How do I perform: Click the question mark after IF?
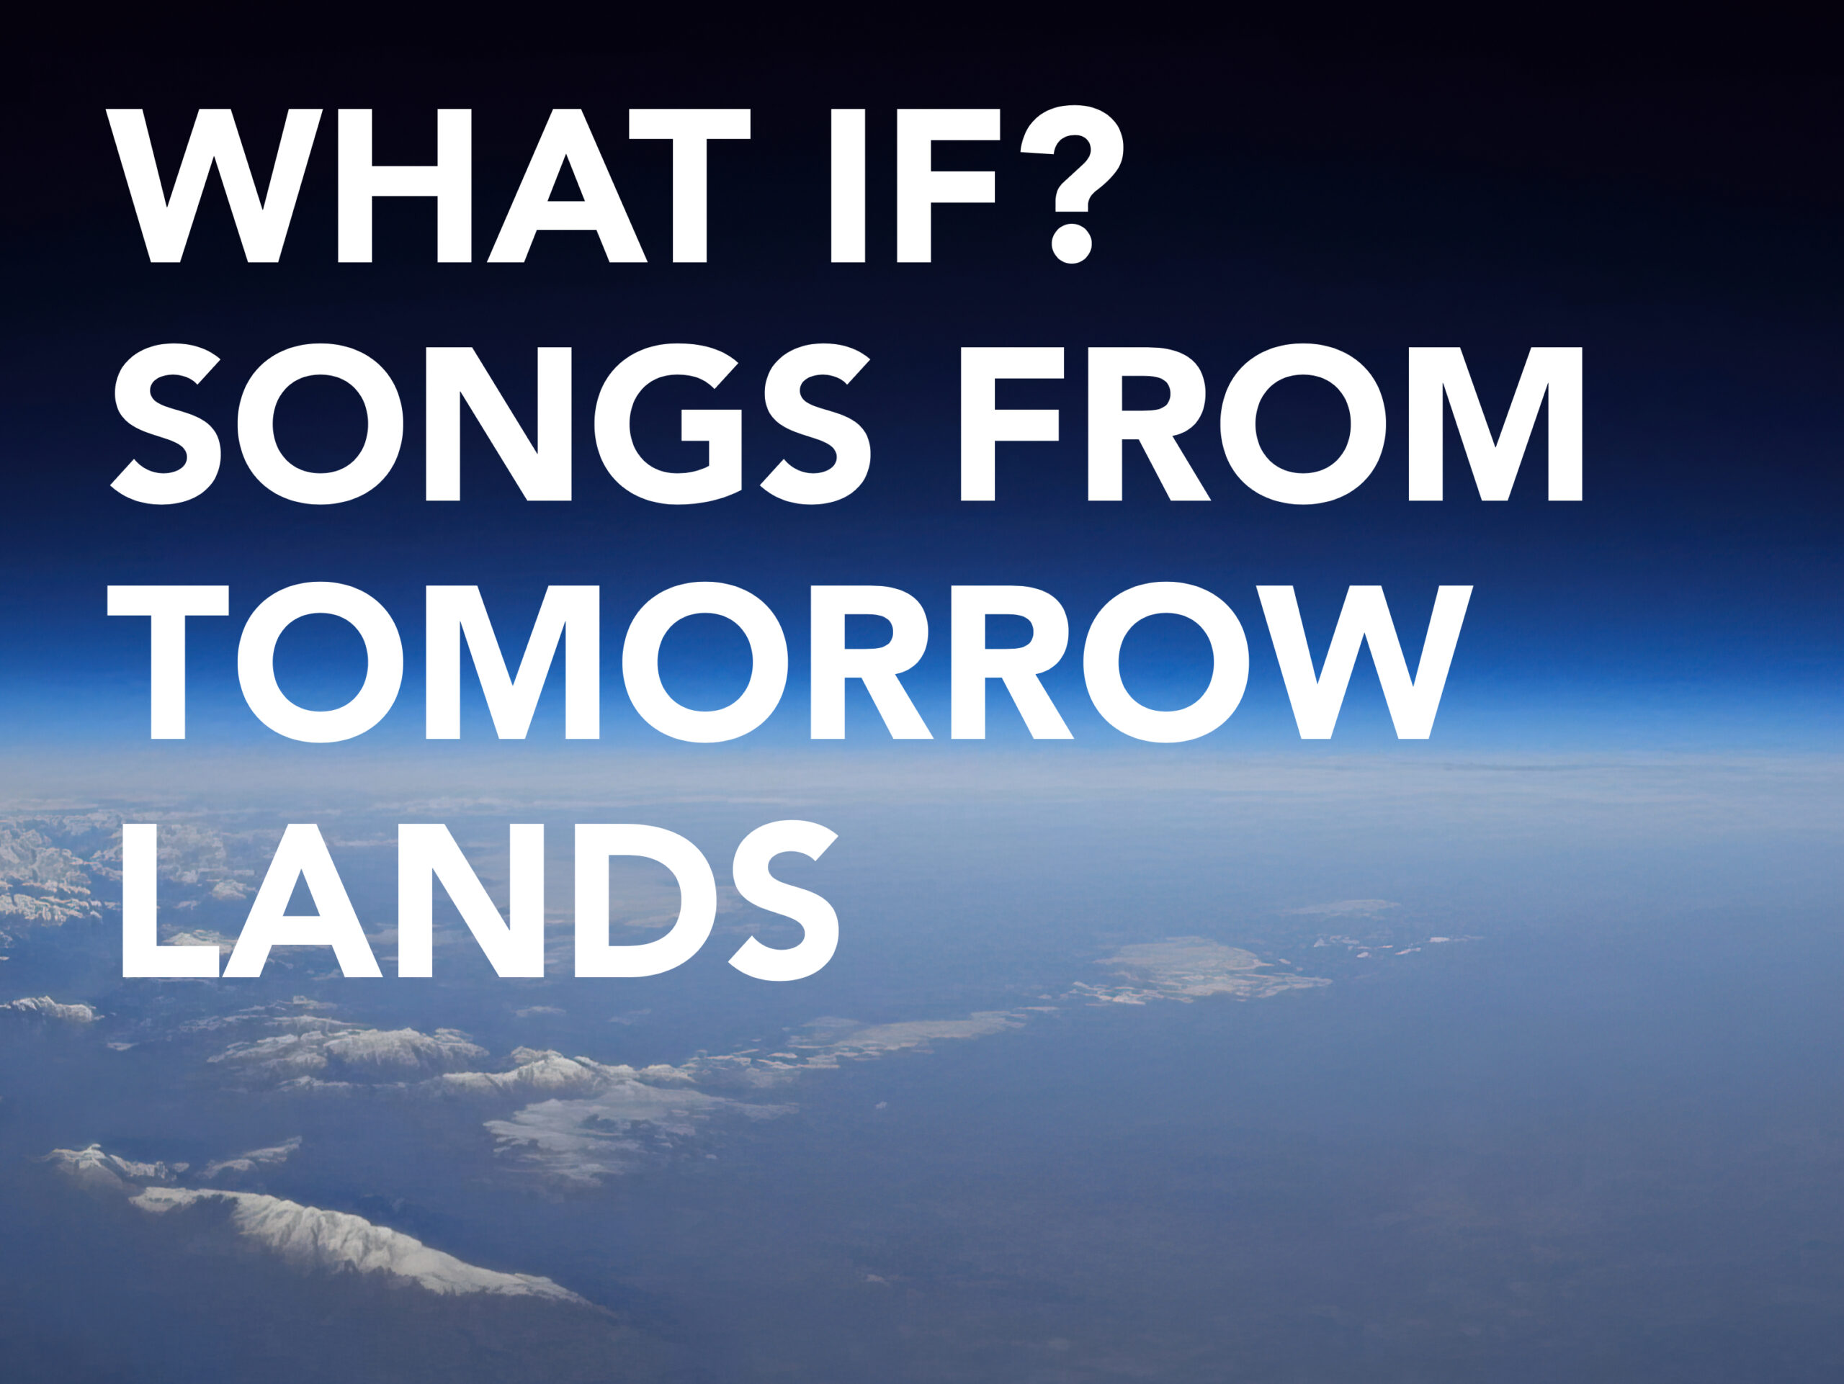[1073, 184]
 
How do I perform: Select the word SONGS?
[491, 424]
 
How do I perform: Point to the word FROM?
[1272, 424]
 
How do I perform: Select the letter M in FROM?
[1495, 424]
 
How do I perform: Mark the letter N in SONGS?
[498, 424]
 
